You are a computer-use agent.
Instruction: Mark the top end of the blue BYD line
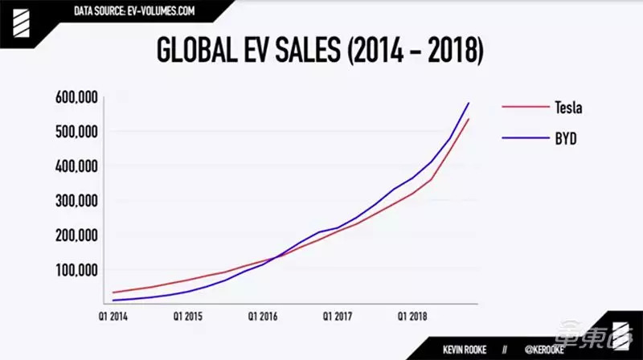click(469, 103)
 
